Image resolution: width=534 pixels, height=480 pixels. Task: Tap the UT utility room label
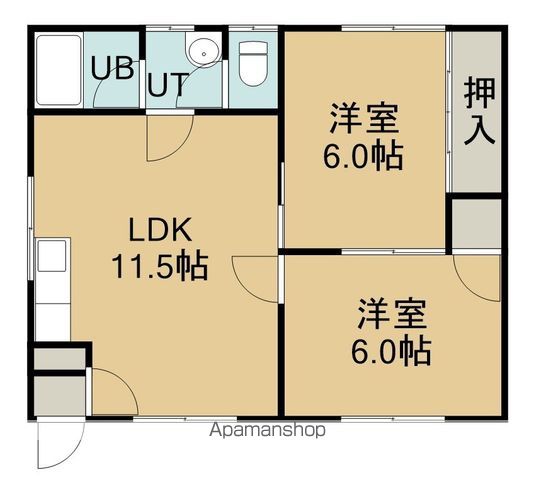166,83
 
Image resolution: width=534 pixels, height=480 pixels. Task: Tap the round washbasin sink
201,50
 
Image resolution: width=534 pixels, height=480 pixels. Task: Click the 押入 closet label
480,112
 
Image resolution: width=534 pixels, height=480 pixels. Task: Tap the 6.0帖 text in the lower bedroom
393,352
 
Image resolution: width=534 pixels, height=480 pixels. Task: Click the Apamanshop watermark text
269,431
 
